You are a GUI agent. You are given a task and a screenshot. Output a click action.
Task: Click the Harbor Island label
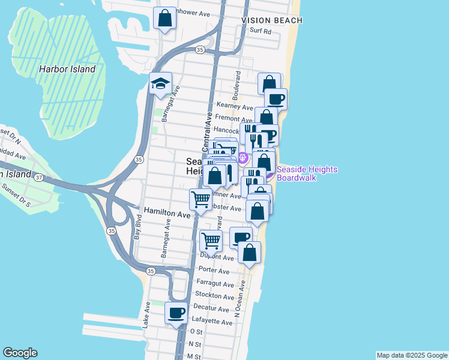pyautogui.click(x=67, y=69)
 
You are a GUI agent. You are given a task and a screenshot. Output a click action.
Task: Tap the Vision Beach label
pyautogui.click(x=272, y=20)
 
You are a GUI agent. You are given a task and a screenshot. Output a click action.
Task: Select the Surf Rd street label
pyautogui.click(x=261, y=31)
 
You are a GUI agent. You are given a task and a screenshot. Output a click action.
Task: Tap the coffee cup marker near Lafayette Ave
pyautogui.click(x=176, y=313)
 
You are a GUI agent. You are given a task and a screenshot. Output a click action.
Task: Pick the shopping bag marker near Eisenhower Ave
pyautogui.click(x=164, y=19)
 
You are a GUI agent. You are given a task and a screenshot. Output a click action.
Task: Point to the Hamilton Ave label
pyautogui.click(x=167, y=213)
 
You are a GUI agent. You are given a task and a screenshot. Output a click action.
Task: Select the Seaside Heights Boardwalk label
pyautogui.click(x=306, y=174)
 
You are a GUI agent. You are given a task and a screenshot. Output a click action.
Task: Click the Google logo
pyautogui.click(x=20, y=353)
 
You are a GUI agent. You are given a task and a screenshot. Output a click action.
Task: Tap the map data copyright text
pyautogui.click(x=411, y=355)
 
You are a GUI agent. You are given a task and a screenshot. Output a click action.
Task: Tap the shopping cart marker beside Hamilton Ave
pyautogui.click(x=200, y=199)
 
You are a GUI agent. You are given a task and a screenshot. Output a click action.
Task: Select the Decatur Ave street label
pyautogui.click(x=212, y=310)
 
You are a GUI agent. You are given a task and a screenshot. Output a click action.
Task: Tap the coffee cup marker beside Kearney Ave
pyautogui.click(x=276, y=99)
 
